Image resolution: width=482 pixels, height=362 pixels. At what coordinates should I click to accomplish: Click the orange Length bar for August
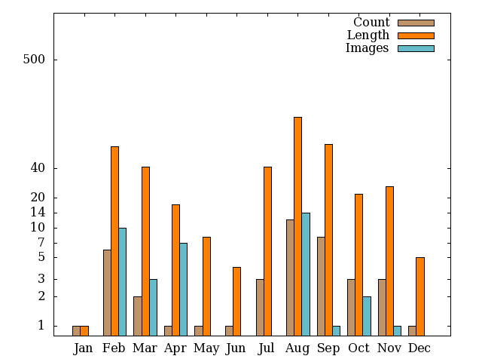click(297, 226)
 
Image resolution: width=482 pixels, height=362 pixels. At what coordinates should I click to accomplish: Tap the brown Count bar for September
click(321, 286)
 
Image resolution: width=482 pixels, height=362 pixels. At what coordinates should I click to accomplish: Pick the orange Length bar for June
click(236, 301)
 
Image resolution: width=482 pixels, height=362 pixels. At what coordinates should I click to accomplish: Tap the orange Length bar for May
click(206, 286)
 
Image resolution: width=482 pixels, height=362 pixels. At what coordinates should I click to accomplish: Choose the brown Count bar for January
click(76, 330)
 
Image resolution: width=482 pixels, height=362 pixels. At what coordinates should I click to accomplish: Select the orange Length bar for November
click(389, 260)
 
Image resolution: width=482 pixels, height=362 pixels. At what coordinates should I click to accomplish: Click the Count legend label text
click(371, 23)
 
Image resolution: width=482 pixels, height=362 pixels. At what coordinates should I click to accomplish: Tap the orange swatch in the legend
click(416, 35)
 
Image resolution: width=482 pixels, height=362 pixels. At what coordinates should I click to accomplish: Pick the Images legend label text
click(367, 48)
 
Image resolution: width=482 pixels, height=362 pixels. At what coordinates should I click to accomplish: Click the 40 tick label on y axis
click(38, 168)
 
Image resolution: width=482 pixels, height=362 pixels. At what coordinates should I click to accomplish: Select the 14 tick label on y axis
click(38, 213)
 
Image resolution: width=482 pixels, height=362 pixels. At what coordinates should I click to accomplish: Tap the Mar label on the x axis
click(145, 348)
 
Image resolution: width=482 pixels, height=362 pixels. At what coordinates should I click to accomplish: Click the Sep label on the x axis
click(328, 348)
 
